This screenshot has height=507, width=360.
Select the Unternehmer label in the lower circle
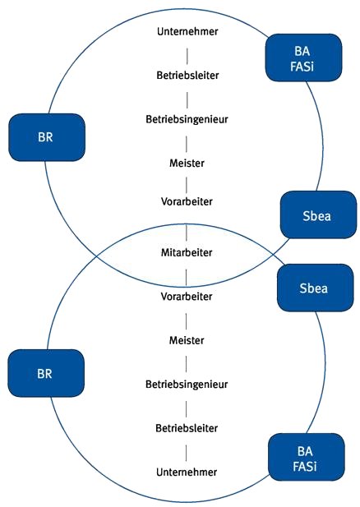(187, 472)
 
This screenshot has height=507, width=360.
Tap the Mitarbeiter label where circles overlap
(187, 252)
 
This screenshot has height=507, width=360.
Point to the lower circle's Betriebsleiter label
(187, 428)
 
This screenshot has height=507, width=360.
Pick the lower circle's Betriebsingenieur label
(187, 384)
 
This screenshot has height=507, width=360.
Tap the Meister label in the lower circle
(187, 339)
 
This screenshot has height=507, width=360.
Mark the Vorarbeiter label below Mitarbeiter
(187, 296)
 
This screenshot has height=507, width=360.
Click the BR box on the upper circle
(47, 136)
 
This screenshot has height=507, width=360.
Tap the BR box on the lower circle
(47, 372)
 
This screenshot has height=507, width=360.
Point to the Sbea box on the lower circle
(314, 288)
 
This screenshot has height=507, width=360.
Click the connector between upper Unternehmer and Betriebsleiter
(187, 53)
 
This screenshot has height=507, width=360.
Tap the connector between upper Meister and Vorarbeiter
(187, 182)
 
